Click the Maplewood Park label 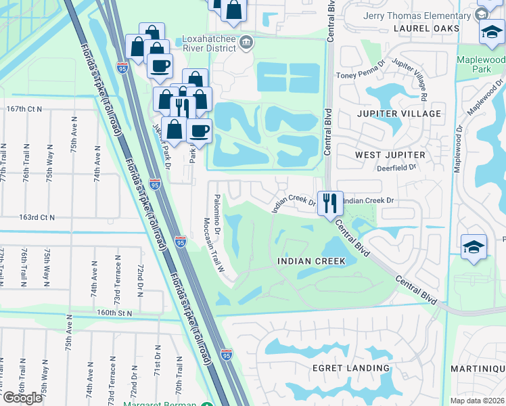[x=482, y=64]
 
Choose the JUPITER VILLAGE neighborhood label [x=398, y=114]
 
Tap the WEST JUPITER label [x=390, y=155]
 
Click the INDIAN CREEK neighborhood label [x=312, y=261]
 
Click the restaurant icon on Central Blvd [x=330, y=202]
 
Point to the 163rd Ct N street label [x=37, y=217]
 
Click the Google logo [x=22, y=398]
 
